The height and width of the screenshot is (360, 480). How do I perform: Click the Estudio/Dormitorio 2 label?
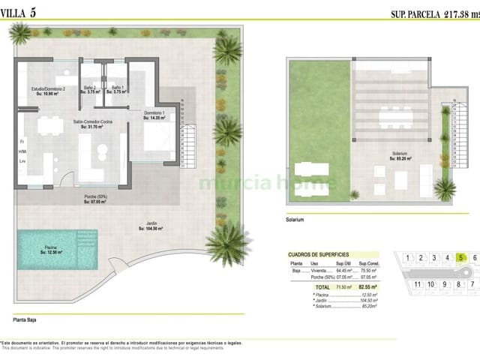(49, 91)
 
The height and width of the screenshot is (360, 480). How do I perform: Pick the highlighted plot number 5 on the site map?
(460, 258)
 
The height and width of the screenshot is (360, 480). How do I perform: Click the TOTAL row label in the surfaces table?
(322, 286)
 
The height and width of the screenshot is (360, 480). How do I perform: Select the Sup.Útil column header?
(343, 263)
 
